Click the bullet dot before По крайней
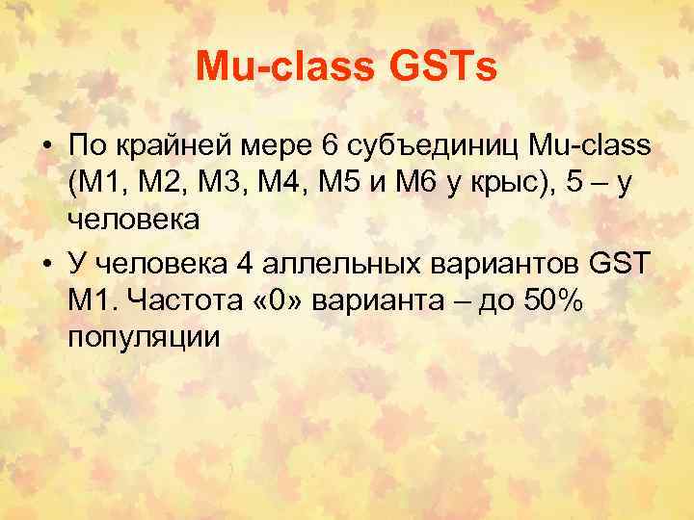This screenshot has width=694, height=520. click(46, 147)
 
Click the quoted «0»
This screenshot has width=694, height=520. click(290, 302)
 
